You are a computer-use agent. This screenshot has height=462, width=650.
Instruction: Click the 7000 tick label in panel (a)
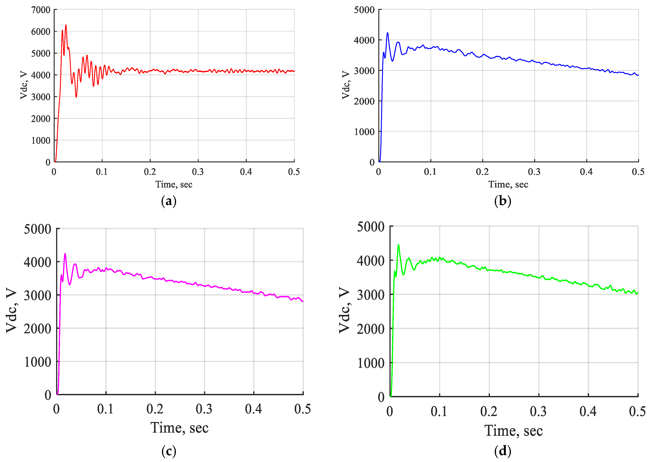41,10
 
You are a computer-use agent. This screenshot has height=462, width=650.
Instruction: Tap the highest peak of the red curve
66,25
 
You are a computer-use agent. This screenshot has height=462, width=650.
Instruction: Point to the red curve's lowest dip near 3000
76,97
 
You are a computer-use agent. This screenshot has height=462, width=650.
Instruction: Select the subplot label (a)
169,201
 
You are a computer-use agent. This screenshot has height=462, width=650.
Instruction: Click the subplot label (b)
502,201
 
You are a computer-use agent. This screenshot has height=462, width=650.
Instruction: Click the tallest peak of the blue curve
387,33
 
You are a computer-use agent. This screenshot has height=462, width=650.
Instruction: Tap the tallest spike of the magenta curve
65,254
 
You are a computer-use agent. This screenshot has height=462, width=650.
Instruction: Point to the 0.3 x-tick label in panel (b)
534,172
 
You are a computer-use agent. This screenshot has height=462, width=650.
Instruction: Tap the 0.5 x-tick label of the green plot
637,411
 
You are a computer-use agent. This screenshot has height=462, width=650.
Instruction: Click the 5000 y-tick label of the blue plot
364,10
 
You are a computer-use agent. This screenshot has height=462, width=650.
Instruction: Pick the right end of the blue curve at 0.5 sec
638,75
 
